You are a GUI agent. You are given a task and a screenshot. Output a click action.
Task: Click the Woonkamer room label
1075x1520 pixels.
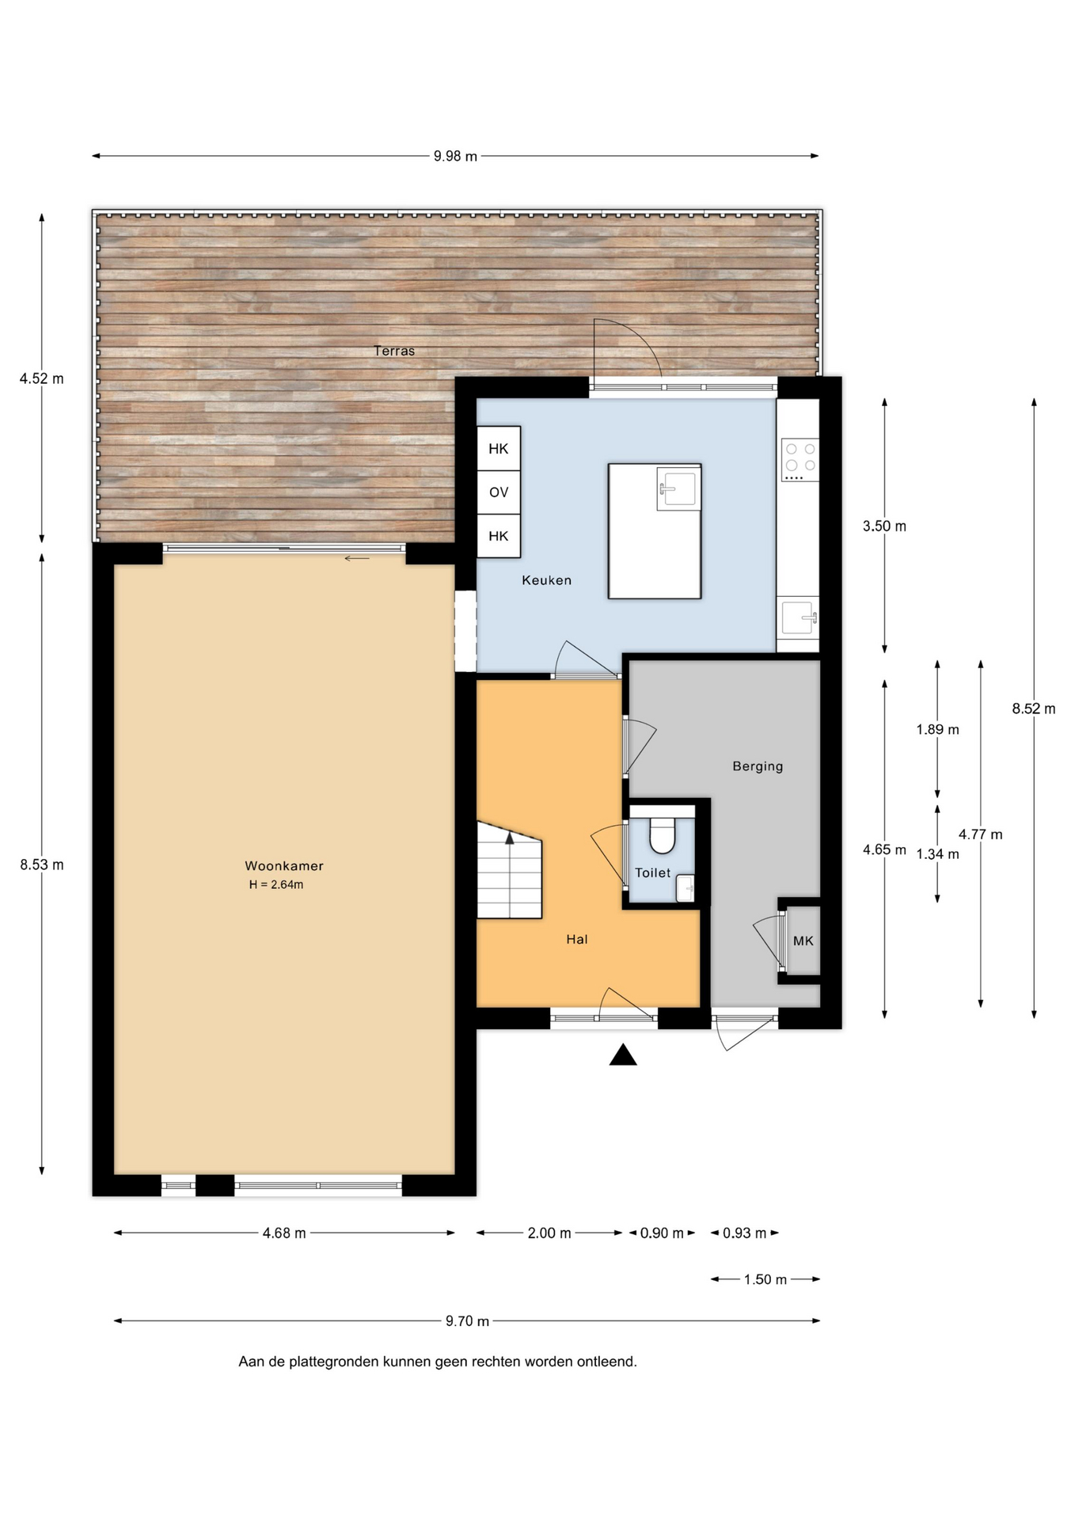click(x=283, y=866)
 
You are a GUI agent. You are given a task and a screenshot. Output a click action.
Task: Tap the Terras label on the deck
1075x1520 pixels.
click(x=394, y=351)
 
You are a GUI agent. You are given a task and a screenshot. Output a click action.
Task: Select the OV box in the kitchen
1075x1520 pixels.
click(x=499, y=492)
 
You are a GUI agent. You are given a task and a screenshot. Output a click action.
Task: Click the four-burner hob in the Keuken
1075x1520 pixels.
click(x=800, y=460)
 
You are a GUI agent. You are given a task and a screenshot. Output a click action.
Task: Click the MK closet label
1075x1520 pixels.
click(x=803, y=941)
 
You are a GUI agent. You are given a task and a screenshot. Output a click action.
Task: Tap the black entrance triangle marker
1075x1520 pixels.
click(x=623, y=1054)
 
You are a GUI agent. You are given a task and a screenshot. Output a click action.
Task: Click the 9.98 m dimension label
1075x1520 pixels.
click(x=455, y=157)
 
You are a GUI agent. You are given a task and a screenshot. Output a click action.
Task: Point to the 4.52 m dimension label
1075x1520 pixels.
click(x=42, y=379)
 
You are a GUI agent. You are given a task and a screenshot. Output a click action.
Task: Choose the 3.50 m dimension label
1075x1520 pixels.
click(x=884, y=526)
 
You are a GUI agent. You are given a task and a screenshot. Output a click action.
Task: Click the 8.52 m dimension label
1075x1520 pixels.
click(x=1034, y=709)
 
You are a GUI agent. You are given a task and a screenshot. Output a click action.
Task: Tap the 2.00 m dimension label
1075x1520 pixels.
click(x=549, y=1233)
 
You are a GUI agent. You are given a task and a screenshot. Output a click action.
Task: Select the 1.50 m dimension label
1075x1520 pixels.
click(x=765, y=1279)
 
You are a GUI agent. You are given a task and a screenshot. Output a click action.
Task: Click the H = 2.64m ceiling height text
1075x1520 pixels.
click(x=276, y=885)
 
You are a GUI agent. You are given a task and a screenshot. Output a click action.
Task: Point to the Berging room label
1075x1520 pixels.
click(x=758, y=766)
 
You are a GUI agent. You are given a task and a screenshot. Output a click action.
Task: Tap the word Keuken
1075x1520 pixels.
click(x=546, y=580)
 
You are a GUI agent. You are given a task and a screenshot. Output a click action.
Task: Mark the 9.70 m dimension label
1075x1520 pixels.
click(x=467, y=1320)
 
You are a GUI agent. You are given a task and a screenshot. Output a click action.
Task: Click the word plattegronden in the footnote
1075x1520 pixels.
click(x=333, y=1362)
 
